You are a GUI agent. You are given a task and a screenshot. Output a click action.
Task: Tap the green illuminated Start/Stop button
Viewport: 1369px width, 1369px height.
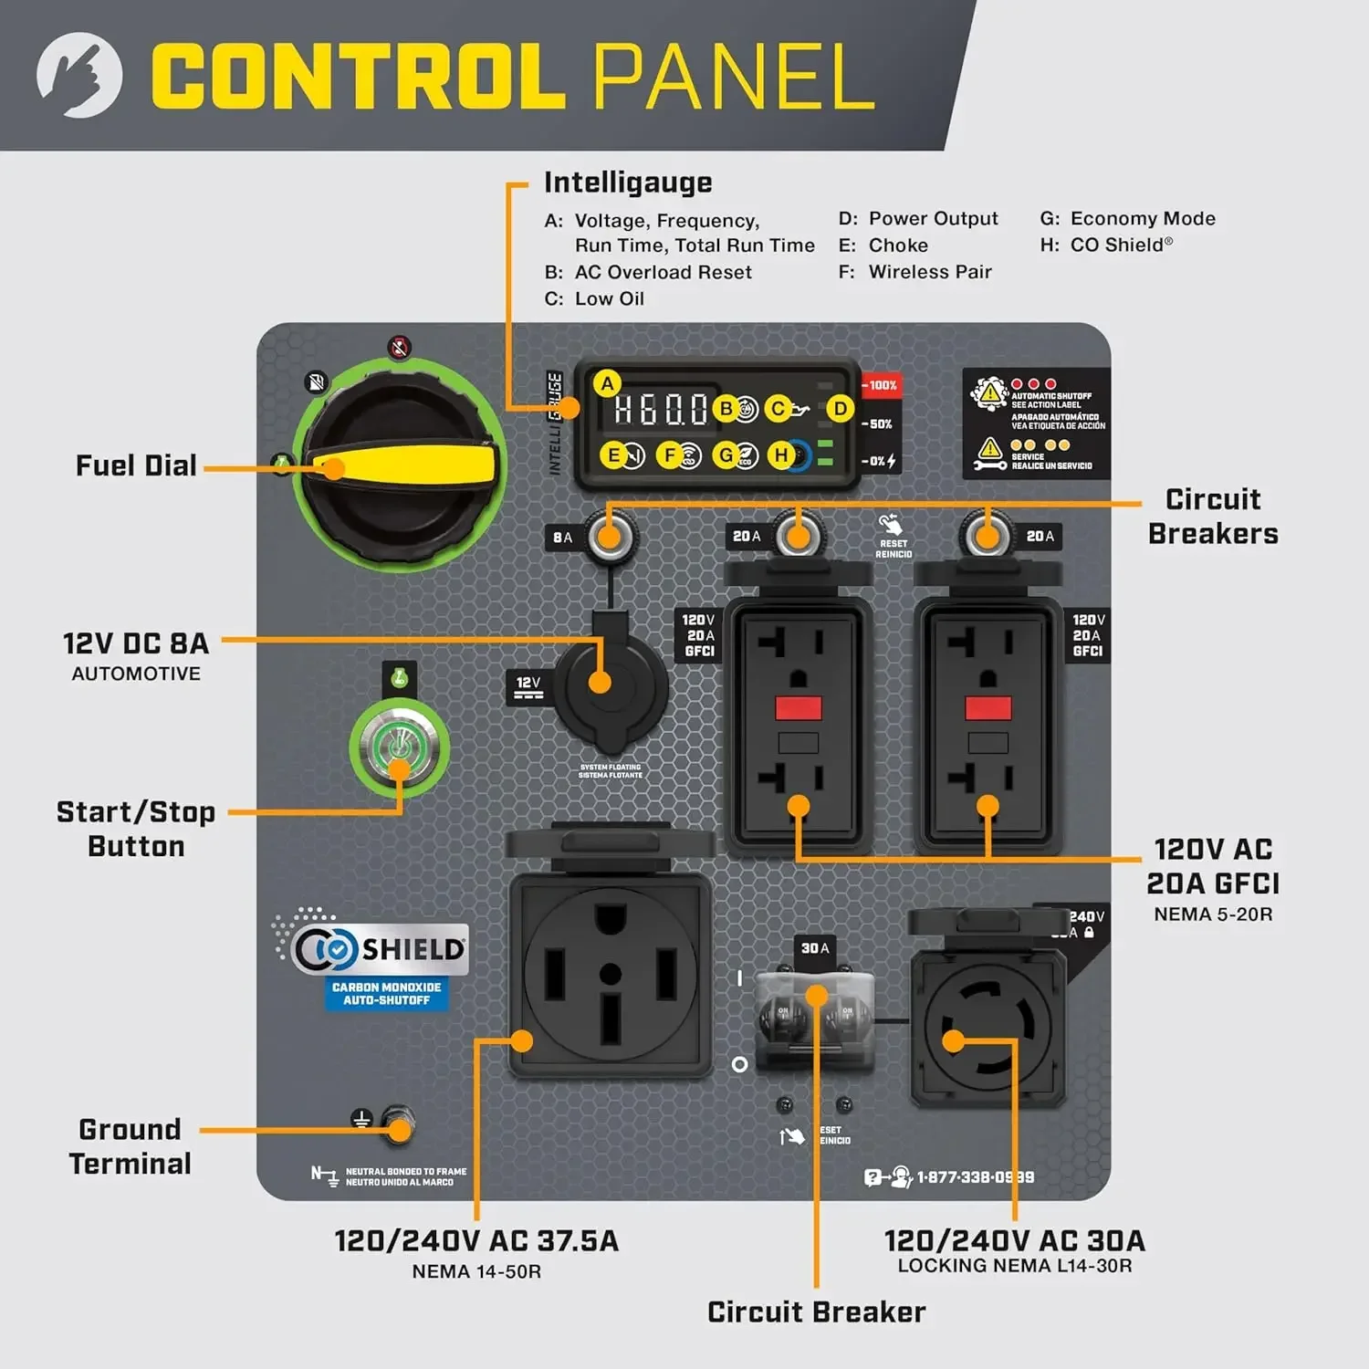(x=399, y=747)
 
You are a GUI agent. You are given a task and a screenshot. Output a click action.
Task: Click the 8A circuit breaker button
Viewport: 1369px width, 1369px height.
(x=609, y=536)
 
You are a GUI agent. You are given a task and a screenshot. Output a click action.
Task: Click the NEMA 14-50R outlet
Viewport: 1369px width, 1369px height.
(x=610, y=973)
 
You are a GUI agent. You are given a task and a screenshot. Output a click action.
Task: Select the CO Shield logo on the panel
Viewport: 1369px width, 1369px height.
(x=374, y=949)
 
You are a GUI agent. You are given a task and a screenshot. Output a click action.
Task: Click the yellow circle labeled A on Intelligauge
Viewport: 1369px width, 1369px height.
(x=607, y=384)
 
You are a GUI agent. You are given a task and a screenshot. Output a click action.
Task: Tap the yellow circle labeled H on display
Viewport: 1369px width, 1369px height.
(x=781, y=455)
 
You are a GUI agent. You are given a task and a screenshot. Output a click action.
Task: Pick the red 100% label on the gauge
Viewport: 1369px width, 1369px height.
(x=881, y=385)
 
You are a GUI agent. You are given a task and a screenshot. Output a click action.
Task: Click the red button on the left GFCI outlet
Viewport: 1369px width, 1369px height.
(x=798, y=707)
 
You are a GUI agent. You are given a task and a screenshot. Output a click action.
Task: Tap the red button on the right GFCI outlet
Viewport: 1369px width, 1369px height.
(x=988, y=707)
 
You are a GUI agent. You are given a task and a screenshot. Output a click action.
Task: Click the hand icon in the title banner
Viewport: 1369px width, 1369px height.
(x=79, y=75)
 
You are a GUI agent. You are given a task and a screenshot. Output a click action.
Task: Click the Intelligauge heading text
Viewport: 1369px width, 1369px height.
(x=628, y=183)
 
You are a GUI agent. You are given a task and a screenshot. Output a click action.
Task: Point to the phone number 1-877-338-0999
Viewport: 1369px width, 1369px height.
(x=975, y=1177)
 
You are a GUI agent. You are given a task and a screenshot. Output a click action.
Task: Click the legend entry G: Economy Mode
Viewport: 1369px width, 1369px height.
(x=1127, y=219)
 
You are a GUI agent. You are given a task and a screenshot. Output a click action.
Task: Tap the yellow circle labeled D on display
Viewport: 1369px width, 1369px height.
(x=840, y=409)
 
